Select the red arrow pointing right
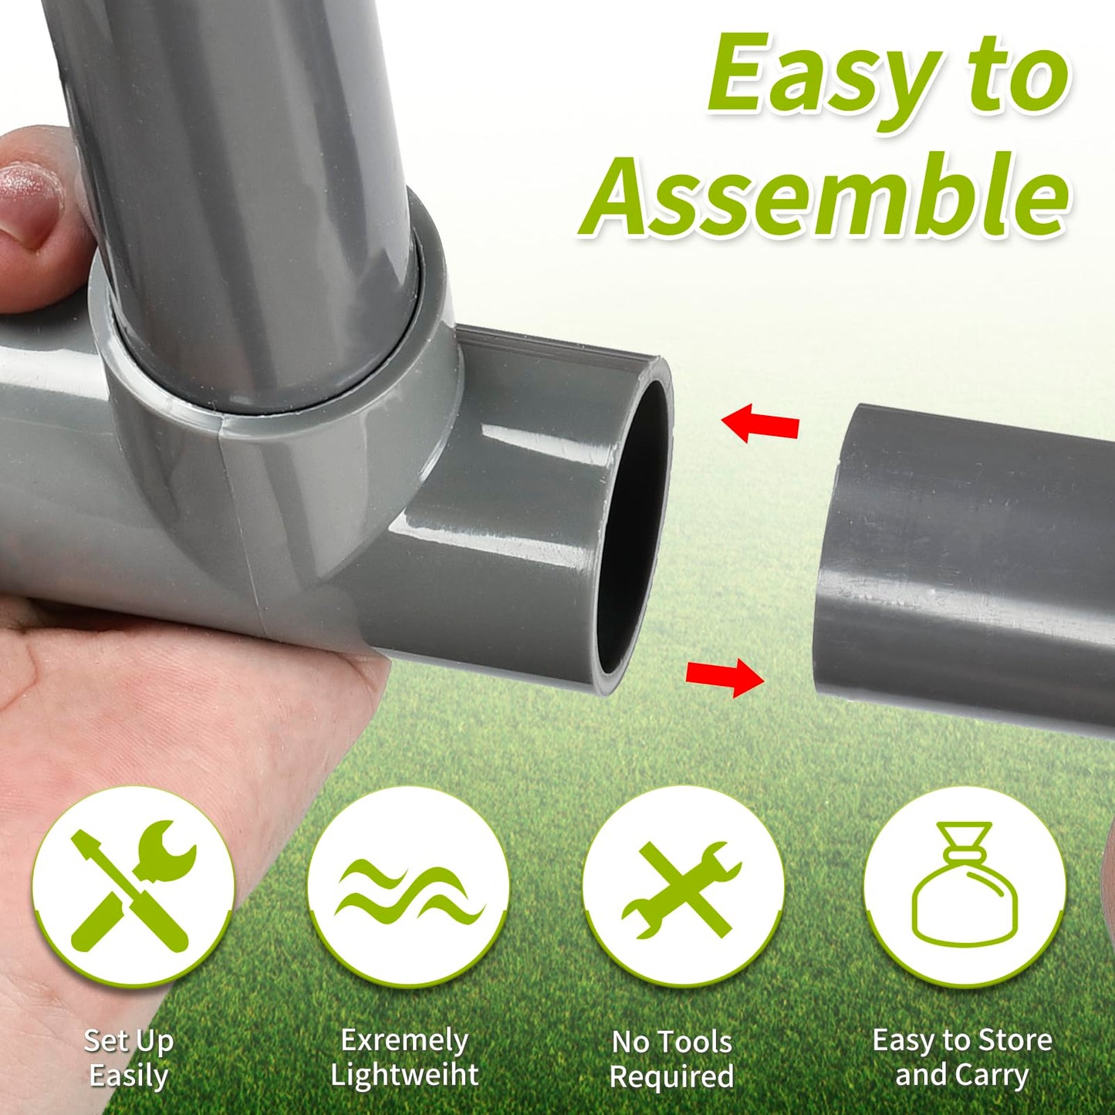725,677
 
